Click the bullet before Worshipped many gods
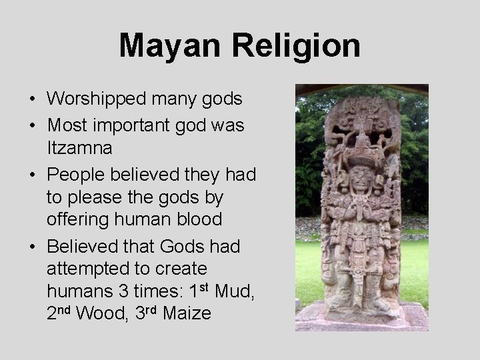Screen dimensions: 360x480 (x=32, y=100)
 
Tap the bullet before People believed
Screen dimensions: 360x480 (x=32, y=174)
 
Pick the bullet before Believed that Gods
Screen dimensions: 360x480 (x=32, y=247)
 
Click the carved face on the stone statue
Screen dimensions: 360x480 (x=360, y=177)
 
